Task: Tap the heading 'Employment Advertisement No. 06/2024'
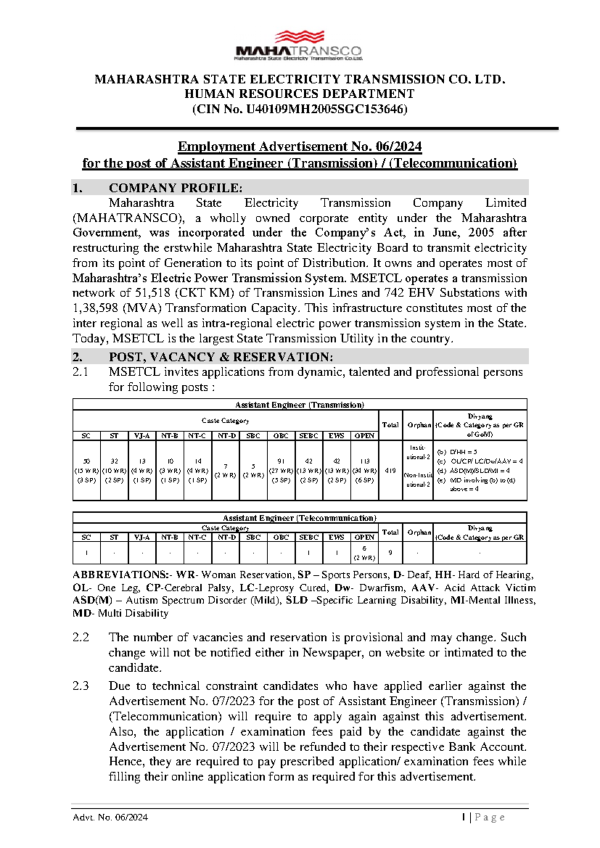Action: pos(299,146)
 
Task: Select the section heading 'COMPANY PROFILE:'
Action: pos(175,188)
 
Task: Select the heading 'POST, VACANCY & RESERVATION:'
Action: pos(220,357)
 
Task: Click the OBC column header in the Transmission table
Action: pos(280,435)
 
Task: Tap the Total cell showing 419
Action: pos(390,470)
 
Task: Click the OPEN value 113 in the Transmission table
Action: pos(364,461)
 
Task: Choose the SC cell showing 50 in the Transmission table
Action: pos(86,461)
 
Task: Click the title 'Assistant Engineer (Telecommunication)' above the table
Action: pos(299,518)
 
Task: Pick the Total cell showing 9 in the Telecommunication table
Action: pos(390,552)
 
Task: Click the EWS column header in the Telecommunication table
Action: pos(336,537)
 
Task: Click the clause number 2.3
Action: pos(80,686)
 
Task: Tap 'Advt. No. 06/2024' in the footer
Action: pos(110,817)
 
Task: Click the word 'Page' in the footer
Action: pos(489,817)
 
